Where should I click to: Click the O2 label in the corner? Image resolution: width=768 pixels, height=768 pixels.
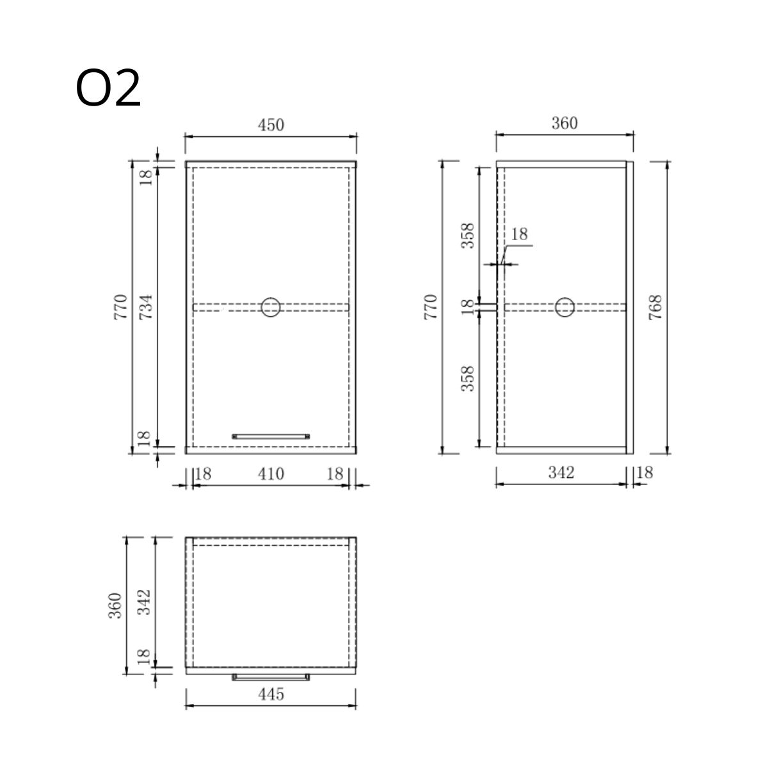(108, 88)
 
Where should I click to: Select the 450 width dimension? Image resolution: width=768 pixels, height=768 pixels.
(271, 125)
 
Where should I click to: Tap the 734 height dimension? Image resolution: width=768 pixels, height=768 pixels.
(145, 307)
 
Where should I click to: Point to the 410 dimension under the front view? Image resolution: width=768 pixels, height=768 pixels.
(271, 474)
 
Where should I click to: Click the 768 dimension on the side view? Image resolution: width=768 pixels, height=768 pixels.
(655, 307)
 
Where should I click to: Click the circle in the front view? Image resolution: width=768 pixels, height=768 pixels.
(271, 307)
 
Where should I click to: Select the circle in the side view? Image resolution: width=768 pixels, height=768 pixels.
(564, 307)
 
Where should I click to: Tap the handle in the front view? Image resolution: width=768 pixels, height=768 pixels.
(271, 436)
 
